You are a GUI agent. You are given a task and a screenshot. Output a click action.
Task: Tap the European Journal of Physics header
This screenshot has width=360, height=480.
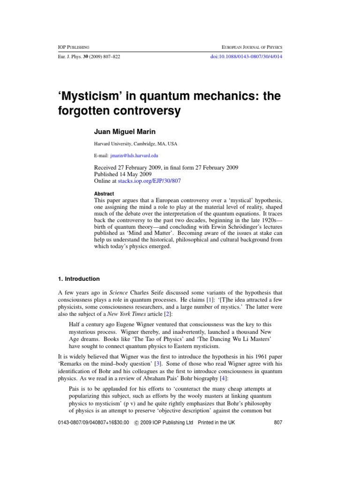(x=248, y=47)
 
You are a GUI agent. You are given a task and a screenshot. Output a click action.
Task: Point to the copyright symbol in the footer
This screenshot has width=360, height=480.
(x=136, y=422)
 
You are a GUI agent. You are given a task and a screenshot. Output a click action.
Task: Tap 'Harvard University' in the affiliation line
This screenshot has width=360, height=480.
(x=111, y=144)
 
